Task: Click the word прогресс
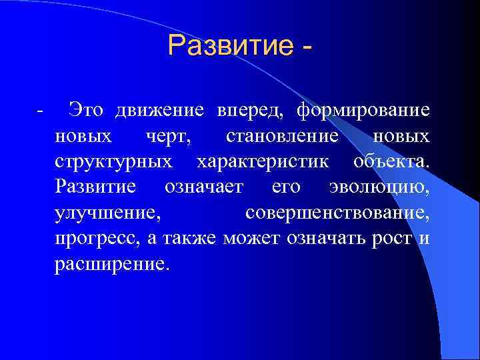(97, 239)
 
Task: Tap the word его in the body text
(285, 188)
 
